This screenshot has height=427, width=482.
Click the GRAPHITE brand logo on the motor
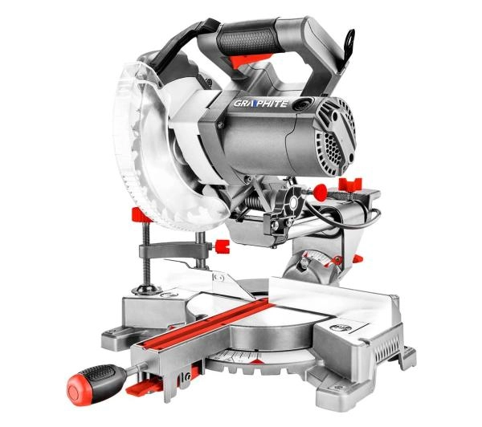pyautogui.click(x=260, y=104)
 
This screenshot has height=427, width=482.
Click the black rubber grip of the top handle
pyautogui.click(x=249, y=39)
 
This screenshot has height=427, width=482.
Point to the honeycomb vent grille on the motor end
pyautogui.click(x=333, y=148)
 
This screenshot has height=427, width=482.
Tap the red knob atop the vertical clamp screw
pyautogui.click(x=140, y=215)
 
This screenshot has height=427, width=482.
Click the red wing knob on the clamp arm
pyautogui.click(x=222, y=246)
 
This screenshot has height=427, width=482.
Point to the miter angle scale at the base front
pyautogui.click(x=237, y=356)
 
